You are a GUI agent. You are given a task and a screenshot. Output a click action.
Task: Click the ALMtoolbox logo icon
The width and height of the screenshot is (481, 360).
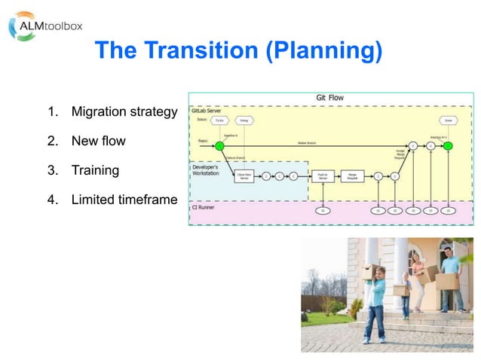[21, 26]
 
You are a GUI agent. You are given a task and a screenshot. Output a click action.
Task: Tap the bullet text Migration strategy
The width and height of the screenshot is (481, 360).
[124, 112]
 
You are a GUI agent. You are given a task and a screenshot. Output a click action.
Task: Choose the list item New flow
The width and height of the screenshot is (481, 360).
[98, 141]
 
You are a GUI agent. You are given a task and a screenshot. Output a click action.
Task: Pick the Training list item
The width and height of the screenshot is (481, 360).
[95, 169]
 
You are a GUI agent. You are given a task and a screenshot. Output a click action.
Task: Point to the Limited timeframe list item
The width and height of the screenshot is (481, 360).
[124, 199]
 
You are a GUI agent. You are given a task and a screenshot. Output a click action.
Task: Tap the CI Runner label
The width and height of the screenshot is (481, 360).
[202, 206]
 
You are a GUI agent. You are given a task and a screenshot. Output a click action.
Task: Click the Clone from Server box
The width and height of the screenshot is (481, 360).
[244, 175]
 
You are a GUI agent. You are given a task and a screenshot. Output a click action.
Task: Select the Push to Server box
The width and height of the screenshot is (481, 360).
[323, 175]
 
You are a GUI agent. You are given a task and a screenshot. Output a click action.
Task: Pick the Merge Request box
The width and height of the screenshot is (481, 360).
[351, 175]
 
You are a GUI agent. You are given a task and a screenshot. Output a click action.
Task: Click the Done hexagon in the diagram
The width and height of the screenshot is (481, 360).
[449, 121]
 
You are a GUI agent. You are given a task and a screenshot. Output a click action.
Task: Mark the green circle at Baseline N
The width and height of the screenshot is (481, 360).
[219, 145]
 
